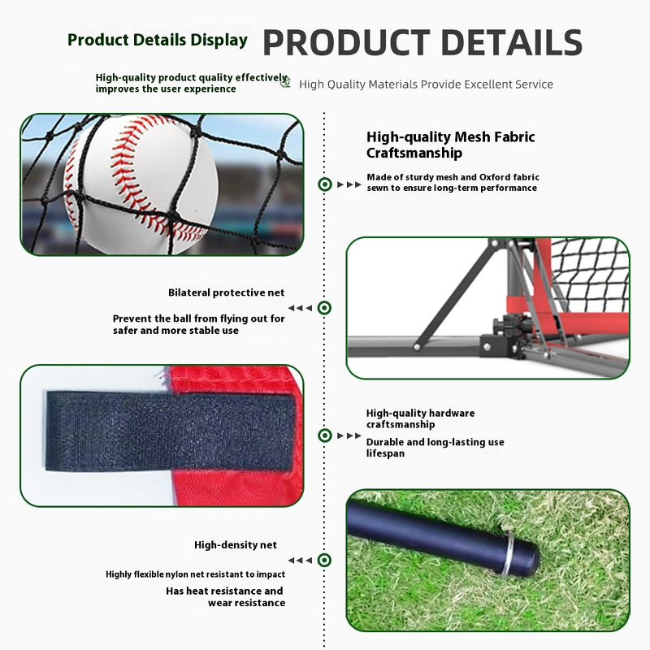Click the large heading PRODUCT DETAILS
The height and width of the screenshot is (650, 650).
click(x=422, y=43)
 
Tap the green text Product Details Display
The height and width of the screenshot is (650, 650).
click(x=158, y=40)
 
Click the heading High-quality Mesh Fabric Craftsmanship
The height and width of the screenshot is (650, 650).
click(x=450, y=145)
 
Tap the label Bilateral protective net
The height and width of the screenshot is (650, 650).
click(x=227, y=292)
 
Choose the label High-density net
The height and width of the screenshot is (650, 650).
click(x=236, y=544)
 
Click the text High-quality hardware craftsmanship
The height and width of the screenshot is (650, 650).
click(x=420, y=418)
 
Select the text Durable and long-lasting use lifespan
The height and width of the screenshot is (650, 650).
click(x=435, y=447)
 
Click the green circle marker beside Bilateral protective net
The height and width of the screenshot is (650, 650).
click(x=324, y=308)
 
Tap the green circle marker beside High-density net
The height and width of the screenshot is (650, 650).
click(x=324, y=560)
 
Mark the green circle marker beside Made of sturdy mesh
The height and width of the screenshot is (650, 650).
click(x=324, y=184)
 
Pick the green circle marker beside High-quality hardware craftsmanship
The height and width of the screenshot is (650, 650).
click(x=324, y=435)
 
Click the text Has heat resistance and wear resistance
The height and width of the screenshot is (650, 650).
click(x=225, y=596)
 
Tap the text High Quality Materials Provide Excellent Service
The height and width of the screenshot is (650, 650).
click(x=426, y=84)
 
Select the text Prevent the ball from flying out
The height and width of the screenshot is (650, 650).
click(x=199, y=318)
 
